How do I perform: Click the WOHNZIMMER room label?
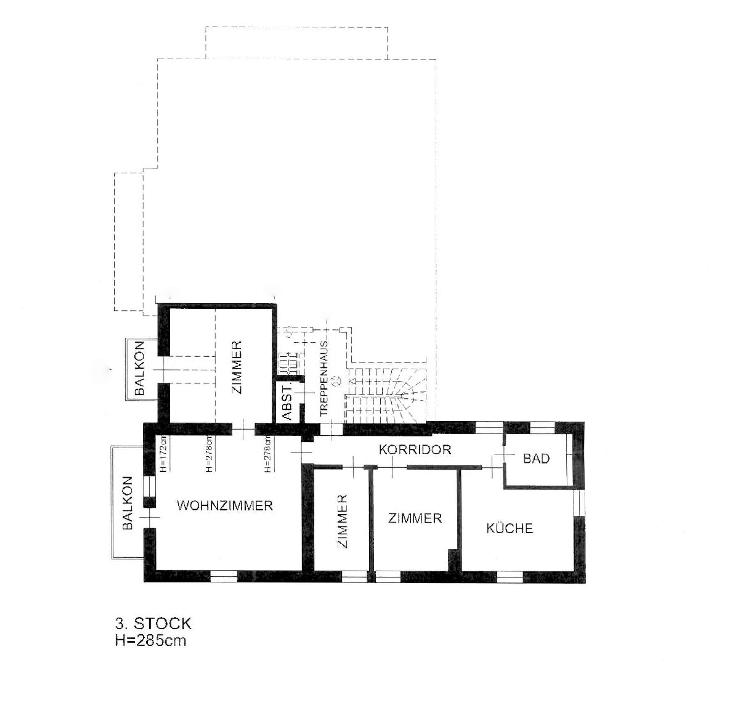tap(225, 506)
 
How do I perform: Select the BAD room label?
tap(536, 458)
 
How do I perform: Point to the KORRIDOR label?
tap(415, 450)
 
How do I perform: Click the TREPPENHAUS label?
tap(323, 378)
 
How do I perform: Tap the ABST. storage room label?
tap(287, 401)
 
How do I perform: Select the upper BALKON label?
tap(140, 368)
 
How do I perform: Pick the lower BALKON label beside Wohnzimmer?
tap(127, 503)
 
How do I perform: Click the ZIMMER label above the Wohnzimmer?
tap(237, 367)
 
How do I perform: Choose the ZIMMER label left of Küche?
tap(415, 518)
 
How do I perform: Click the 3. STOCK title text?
tap(153, 624)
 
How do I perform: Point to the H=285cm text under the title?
tap(150, 641)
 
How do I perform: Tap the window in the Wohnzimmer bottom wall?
tap(224, 576)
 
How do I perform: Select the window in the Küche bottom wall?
tap(510, 577)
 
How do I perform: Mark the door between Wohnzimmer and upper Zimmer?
tap(243, 430)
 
